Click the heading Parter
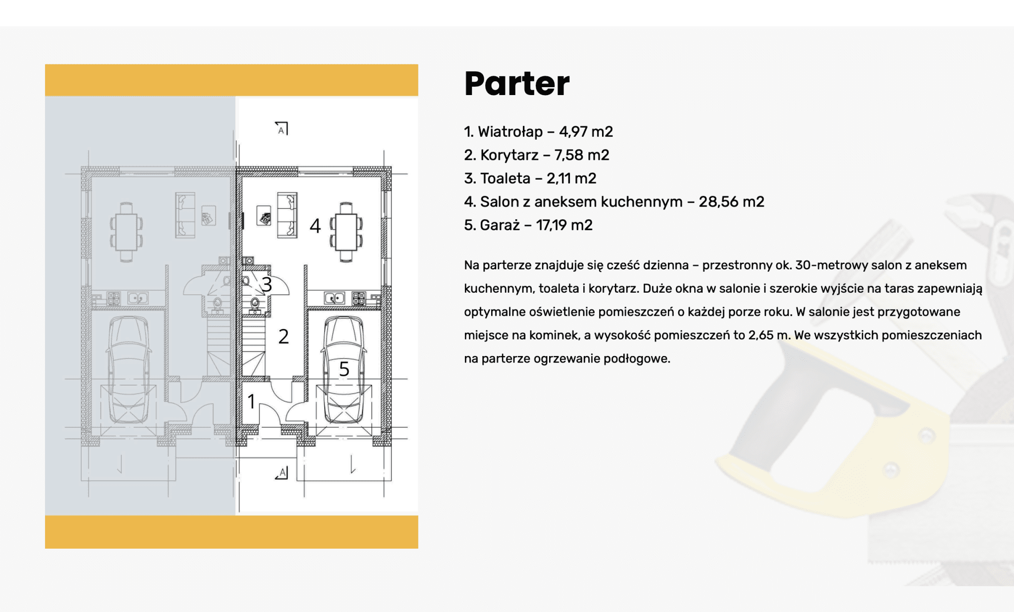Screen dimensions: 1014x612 [x=517, y=83]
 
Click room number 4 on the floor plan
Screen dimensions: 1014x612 [x=315, y=226]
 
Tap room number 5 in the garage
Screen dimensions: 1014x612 [x=344, y=369]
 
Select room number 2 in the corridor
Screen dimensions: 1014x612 [x=283, y=337]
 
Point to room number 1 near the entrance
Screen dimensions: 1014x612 [x=252, y=401]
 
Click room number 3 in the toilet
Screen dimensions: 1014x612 [x=267, y=285]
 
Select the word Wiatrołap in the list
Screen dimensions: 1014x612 [x=510, y=132]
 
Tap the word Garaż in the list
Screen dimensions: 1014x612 [x=500, y=225]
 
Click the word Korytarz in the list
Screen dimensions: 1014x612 [x=509, y=155]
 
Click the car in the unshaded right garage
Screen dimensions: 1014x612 [x=344, y=369]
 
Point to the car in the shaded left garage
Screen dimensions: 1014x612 [x=128, y=369]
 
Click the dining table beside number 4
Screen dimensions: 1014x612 [x=346, y=232]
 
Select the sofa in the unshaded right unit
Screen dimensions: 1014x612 [x=287, y=215]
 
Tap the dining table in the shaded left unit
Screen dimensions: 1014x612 [x=126, y=232]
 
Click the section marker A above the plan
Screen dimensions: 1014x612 [x=281, y=129]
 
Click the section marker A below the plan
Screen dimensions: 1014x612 [x=282, y=472]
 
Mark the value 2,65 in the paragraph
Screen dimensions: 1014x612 [x=760, y=335]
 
